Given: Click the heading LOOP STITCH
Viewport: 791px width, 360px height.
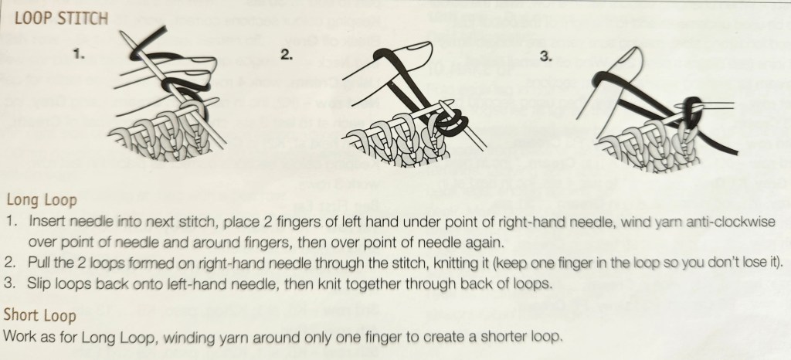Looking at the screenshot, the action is click(61, 19).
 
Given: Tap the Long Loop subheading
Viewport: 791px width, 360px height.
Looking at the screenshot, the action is click(42, 200).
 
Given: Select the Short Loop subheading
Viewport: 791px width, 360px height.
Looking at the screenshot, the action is click(40, 315).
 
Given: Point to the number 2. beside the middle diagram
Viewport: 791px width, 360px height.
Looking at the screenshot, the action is click(287, 56).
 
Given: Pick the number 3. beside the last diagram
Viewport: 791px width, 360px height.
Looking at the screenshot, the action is click(546, 56).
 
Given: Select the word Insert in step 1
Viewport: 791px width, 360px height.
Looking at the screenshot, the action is click(46, 222).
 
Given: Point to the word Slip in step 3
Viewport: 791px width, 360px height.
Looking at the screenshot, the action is click(38, 284).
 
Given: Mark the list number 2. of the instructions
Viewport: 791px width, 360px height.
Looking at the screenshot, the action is click(9, 263).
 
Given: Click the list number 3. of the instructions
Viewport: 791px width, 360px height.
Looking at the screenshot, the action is click(9, 284).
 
